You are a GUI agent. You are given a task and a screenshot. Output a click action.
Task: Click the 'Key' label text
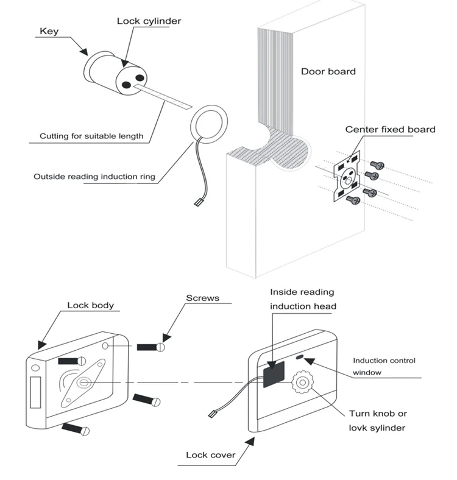pos(49,31)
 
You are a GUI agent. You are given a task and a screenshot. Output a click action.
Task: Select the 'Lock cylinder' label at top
pos(149,21)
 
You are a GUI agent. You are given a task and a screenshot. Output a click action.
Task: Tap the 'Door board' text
pos(328,71)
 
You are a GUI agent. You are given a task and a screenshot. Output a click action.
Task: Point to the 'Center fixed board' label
pos(390,129)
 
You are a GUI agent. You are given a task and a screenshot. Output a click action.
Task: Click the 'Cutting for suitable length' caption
pos(91,136)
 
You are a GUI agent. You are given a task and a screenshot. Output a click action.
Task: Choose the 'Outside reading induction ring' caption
pos(94,177)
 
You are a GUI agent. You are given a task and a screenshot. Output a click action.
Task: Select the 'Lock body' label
pos(90,305)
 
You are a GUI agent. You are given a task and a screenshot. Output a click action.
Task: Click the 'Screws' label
pos(202,298)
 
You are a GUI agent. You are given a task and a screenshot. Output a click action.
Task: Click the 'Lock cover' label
pos(210,454)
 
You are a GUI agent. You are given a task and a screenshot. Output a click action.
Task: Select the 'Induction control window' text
pos(384,366)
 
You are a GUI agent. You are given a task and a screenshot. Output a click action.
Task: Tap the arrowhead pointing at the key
pos(85,52)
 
